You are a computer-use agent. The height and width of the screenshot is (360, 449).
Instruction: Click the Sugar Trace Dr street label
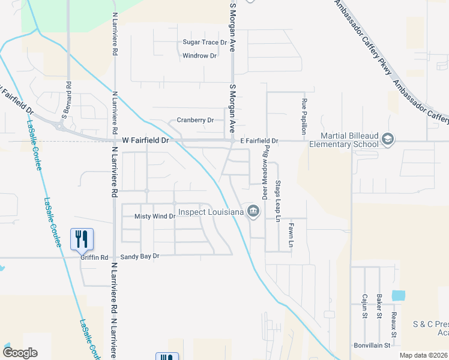click(x=205, y=43)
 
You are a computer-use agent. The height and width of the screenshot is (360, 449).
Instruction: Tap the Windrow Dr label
click(x=200, y=56)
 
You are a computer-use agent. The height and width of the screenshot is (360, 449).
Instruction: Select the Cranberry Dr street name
click(x=195, y=120)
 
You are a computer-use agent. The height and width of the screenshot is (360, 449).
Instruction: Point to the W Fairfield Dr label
click(x=147, y=140)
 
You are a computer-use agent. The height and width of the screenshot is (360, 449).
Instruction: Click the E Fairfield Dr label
click(x=259, y=141)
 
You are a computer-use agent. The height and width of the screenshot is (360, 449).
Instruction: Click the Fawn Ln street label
click(x=290, y=236)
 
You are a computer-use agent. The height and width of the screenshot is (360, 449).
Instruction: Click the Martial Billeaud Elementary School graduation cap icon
click(x=387, y=140)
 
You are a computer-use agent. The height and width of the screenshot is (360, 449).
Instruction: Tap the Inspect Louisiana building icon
click(x=253, y=211)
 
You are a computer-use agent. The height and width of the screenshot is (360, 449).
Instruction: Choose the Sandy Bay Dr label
click(x=140, y=256)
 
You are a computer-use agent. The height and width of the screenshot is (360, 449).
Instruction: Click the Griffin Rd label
click(x=95, y=257)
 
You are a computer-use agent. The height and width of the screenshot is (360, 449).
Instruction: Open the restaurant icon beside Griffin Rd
click(x=82, y=239)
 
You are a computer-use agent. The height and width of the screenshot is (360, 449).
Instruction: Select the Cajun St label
click(x=364, y=306)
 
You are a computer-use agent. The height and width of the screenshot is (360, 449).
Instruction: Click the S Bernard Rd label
click(x=68, y=98)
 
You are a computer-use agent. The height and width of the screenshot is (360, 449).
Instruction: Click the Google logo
click(x=20, y=353)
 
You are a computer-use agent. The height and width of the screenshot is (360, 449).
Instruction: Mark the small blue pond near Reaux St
click(x=397, y=295)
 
